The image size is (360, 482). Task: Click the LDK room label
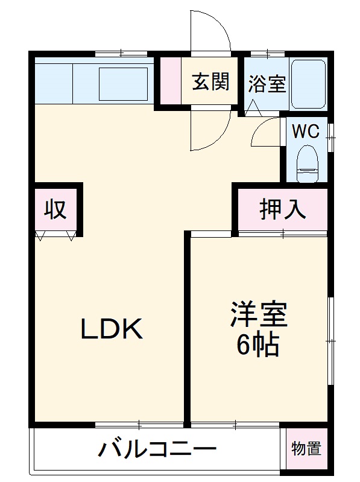(112, 329)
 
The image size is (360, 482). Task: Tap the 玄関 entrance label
(210, 82)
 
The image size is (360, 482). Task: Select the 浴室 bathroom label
(267, 84)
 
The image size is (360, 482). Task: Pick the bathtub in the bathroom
(309, 84)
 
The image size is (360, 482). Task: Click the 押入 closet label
(283, 211)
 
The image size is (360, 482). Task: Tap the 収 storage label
(54, 209)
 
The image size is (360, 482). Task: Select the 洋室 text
(258, 314)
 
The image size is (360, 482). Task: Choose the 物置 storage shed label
(306, 449)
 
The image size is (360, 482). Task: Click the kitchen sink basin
(122, 83)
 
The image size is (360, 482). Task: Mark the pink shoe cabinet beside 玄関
(171, 83)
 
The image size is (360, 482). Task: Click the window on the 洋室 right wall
(330, 341)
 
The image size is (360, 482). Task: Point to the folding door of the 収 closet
(56, 235)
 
